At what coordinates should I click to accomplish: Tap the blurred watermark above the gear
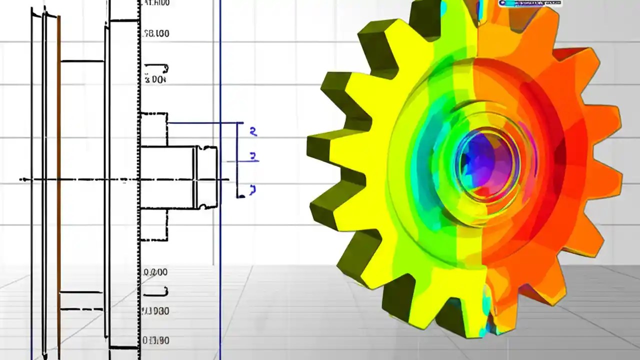click(x=530, y=3)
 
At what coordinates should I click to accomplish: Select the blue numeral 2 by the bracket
click(x=253, y=132)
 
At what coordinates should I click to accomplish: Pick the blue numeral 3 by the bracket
click(x=253, y=156)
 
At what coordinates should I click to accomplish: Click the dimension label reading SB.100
click(x=156, y=34)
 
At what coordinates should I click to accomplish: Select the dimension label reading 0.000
click(x=155, y=272)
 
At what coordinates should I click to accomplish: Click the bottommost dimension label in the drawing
click(x=155, y=341)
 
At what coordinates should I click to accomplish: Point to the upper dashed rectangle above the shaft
click(x=153, y=129)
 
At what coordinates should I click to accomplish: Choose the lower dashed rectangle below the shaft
click(x=153, y=225)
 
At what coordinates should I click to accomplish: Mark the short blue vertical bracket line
click(x=237, y=160)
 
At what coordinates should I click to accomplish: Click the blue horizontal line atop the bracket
click(x=205, y=122)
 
